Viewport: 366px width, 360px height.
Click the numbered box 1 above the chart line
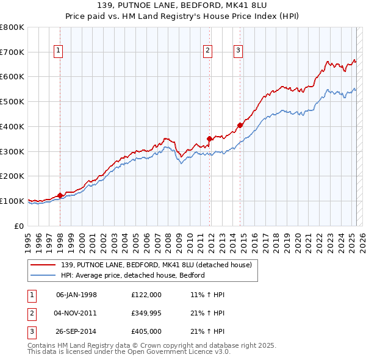pos(59,51)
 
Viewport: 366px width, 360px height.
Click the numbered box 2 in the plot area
pos(208,51)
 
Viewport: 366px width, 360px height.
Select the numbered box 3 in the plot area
pos(238,51)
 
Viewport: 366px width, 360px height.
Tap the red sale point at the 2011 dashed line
pos(209,139)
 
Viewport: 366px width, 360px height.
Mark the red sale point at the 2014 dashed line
pos(240,125)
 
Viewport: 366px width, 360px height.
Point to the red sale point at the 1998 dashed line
pos(60,195)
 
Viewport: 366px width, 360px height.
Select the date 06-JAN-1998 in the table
pos(76,295)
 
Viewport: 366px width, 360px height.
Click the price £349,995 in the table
pos(146,314)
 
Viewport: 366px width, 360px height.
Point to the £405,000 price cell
pos(146,333)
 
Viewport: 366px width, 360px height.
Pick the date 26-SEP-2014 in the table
pos(76,333)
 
